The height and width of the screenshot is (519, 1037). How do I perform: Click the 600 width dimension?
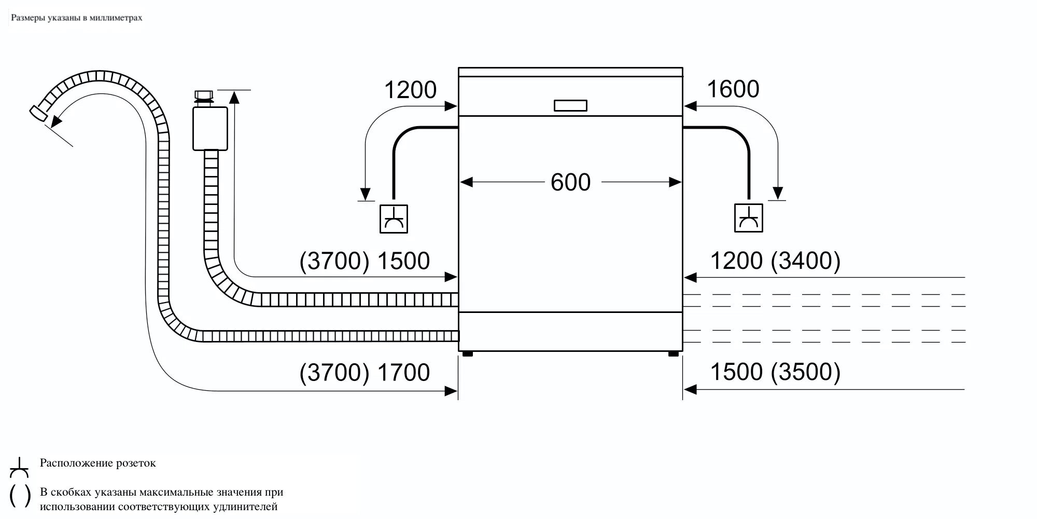pyautogui.click(x=570, y=183)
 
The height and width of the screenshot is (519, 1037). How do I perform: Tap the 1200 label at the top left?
pyautogui.click(x=410, y=90)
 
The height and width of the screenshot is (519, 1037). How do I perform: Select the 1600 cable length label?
pyautogui.click(x=733, y=89)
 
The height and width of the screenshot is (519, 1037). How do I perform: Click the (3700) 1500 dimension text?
pyautogui.click(x=365, y=261)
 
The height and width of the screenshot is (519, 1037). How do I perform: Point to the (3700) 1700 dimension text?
pyautogui.click(x=365, y=373)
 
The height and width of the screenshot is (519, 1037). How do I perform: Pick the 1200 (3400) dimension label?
pyautogui.click(x=775, y=261)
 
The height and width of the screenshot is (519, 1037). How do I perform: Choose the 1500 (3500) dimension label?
pyautogui.click(x=775, y=372)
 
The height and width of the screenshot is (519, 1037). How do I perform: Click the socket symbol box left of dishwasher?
pyautogui.click(x=394, y=218)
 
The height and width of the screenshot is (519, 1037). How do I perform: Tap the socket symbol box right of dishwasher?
pyautogui.click(x=748, y=218)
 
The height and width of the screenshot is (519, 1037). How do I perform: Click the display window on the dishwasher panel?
pyautogui.click(x=570, y=105)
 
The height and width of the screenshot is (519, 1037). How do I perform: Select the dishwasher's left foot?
pyautogui.click(x=467, y=354)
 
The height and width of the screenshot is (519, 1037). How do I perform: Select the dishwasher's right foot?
pyautogui.click(x=673, y=354)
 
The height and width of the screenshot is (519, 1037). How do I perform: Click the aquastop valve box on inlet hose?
pyautogui.click(x=210, y=128)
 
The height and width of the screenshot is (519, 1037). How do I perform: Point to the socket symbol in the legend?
pyautogui.click(x=19, y=468)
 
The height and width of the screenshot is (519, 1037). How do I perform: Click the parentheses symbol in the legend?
pyautogui.click(x=20, y=496)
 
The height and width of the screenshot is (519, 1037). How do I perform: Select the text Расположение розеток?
pyautogui.click(x=98, y=463)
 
